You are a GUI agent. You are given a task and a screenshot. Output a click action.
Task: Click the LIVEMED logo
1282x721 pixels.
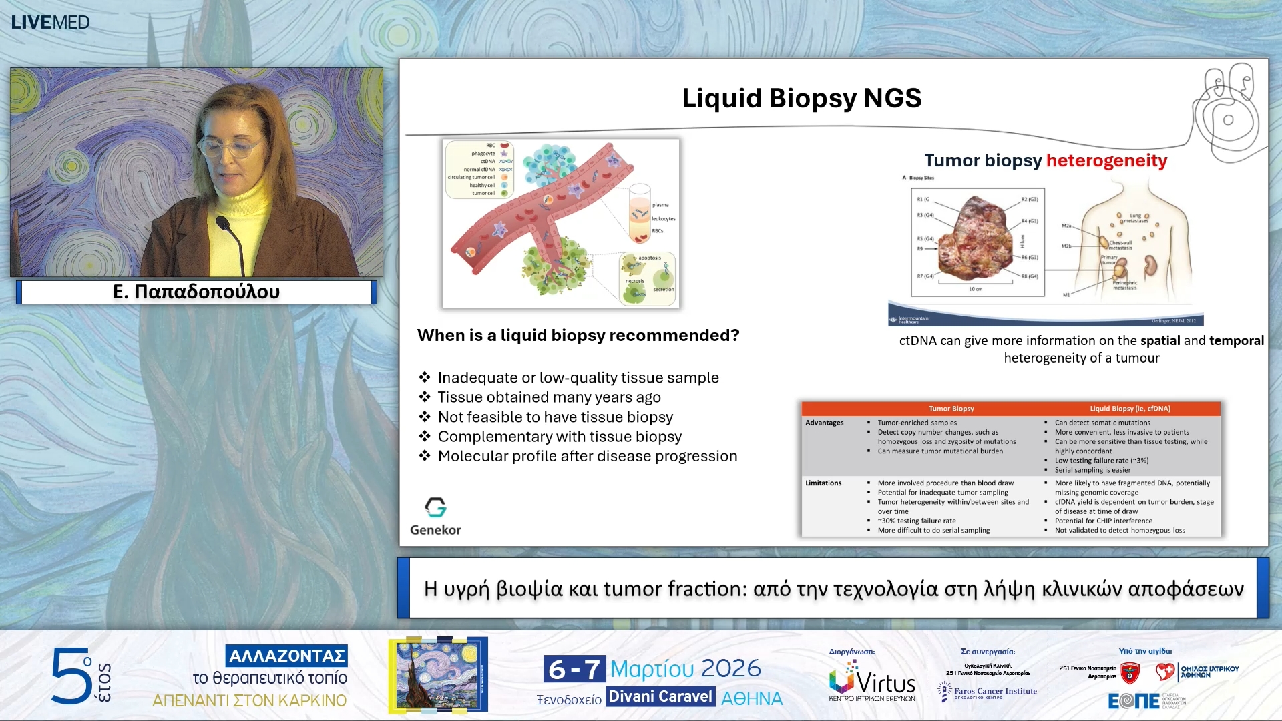pos(50,22)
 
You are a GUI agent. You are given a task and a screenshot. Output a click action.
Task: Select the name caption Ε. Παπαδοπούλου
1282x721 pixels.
pos(196,292)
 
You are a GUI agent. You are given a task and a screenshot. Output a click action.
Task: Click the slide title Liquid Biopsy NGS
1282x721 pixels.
pos(801,98)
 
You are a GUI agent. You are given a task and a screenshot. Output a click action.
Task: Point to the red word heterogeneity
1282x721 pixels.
pos(1106,160)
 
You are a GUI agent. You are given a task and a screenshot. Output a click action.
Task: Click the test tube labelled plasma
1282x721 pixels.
pos(640,214)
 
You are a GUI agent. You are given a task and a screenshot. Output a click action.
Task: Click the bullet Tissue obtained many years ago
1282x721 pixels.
pos(548,397)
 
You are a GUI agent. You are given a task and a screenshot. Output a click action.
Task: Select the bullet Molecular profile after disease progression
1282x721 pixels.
pos(587,456)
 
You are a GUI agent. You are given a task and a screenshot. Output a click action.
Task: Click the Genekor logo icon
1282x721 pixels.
pos(435,507)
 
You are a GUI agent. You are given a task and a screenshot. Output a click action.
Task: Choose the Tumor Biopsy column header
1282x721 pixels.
pos(951,409)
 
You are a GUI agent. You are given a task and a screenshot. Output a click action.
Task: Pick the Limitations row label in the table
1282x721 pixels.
pos(823,483)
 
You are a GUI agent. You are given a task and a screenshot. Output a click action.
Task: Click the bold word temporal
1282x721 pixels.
pos(1236,340)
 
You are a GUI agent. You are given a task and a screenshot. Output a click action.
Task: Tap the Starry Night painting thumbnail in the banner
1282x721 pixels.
pos(438,674)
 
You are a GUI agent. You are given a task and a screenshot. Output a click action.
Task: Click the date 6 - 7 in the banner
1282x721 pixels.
pos(574,668)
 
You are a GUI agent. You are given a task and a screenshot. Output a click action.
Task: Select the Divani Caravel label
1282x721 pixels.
pos(660,696)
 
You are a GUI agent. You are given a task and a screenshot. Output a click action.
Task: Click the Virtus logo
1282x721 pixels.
pos(872,680)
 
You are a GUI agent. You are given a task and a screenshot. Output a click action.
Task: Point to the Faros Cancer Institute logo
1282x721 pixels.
pos(988,692)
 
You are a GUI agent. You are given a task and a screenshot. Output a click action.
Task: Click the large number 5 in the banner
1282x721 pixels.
pos(70,676)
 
